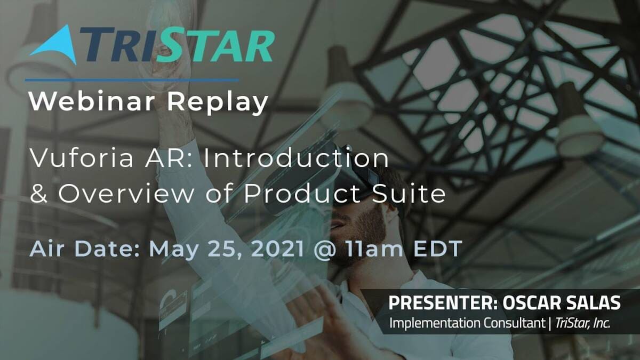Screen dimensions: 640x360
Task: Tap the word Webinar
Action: click(x=92, y=102)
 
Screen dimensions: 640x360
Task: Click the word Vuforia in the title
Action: click(x=82, y=158)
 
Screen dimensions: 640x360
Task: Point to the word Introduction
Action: click(x=296, y=158)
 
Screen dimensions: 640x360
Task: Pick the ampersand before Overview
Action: click(x=38, y=194)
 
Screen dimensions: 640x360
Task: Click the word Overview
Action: click(x=126, y=194)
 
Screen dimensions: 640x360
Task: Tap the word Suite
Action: click(x=409, y=193)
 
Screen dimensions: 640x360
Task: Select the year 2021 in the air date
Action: click(x=278, y=249)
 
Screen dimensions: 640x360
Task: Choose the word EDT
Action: click(x=438, y=249)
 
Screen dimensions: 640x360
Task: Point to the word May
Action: click(x=174, y=250)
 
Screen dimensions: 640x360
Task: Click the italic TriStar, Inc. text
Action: click(x=582, y=323)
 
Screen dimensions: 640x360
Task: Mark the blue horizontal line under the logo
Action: click(x=132, y=81)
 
